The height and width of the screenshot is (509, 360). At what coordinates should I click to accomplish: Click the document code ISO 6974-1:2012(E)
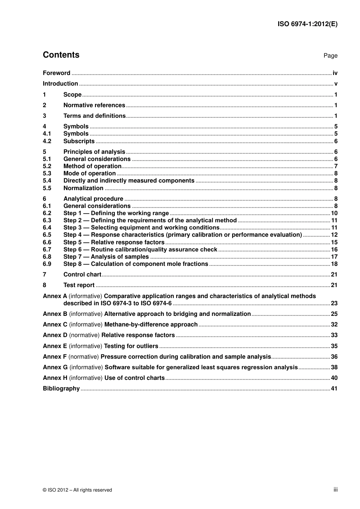307,24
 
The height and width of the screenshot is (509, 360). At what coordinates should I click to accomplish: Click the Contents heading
61,55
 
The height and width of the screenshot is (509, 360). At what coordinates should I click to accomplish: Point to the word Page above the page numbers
330,56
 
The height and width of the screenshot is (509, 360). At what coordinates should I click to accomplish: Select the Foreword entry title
56,73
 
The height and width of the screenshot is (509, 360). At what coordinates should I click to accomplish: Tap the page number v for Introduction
336,84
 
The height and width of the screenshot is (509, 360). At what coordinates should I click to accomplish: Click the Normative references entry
94,105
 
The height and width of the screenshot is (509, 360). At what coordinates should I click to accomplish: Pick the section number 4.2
47,141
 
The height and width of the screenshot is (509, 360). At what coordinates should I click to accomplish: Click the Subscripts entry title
79,141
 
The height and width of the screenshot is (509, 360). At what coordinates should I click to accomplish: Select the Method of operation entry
92,166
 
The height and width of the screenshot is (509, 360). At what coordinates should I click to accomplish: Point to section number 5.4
47,181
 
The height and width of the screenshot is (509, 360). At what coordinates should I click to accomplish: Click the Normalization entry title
83,188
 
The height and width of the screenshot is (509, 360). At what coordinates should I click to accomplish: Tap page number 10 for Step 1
334,213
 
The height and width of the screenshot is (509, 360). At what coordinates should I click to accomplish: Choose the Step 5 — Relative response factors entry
114,242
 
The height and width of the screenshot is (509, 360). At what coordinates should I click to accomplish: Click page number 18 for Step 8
334,264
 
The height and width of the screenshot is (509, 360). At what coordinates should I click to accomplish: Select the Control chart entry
82,275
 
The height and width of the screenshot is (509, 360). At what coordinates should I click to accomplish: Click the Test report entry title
79,285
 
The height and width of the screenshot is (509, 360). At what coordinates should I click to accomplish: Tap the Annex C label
55,325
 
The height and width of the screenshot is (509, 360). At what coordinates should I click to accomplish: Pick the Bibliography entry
61,389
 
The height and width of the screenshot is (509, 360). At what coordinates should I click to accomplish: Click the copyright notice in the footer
77,490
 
